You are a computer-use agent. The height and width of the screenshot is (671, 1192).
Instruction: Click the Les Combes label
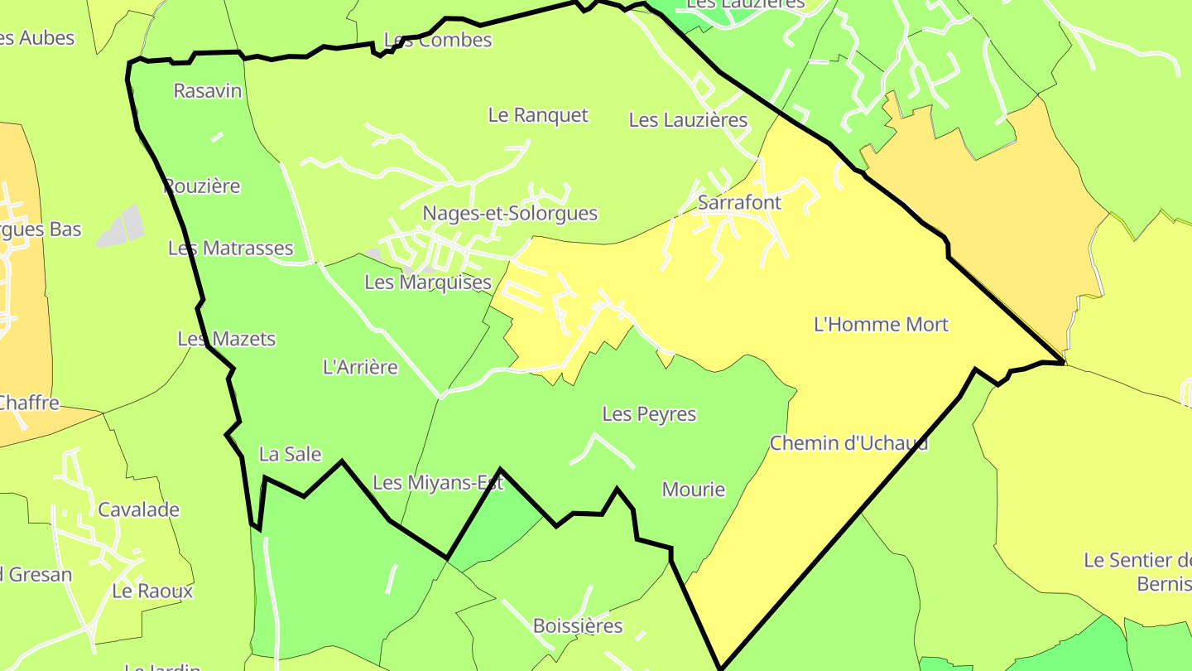click(438, 40)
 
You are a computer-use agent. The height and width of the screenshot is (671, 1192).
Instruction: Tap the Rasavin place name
click(208, 90)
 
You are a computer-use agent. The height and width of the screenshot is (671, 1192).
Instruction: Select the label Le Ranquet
click(538, 115)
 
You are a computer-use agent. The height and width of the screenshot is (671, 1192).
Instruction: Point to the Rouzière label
click(202, 186)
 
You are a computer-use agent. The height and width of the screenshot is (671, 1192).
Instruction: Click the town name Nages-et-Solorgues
click(510, 213)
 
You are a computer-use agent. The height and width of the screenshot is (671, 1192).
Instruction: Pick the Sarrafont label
click(739, 202)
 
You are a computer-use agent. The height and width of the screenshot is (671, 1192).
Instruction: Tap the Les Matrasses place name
click(231, 248)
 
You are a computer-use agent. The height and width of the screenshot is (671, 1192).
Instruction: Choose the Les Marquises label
click(428, 282)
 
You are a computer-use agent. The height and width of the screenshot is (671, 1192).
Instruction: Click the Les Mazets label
click(227, 339)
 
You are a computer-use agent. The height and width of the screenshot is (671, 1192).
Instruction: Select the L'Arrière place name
click(360, 367)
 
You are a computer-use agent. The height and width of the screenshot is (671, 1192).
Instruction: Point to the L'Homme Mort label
click(882, 325)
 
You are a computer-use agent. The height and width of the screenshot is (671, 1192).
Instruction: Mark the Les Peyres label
click(650, 413)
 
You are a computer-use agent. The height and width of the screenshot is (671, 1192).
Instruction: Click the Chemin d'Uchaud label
click(849, 443)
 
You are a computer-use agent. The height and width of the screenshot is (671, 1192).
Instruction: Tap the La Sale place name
click(290, 454)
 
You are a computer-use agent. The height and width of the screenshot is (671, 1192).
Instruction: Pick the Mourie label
click(694, 490)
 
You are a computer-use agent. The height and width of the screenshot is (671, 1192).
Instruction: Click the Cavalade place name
click(139, 509)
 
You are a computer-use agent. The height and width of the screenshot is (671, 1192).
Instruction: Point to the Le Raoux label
click(152, 591)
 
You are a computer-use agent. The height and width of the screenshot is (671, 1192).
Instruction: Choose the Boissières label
click(578, 625)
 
